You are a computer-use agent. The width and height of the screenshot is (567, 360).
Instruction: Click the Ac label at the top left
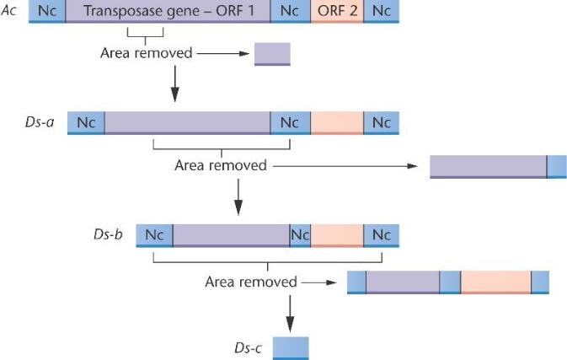click(8, 10)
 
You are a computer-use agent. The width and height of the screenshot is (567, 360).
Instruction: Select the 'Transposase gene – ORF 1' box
click(168, 11)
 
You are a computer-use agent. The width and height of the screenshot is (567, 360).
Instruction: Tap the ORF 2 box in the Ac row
click(337, 11)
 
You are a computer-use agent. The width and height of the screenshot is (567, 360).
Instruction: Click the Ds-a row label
click(40, 122)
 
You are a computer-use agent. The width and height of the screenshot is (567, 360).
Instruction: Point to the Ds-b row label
click(108, 234)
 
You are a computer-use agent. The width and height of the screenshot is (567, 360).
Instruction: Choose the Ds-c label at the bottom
click(248, 347)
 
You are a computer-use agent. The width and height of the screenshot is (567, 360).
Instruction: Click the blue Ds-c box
click(291, 348)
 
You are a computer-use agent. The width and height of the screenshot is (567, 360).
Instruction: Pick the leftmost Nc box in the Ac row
click(47, 11)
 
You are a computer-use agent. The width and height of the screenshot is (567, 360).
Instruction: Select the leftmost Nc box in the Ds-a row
click(86, 123)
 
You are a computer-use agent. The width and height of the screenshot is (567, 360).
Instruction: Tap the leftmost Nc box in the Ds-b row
click(154, 235)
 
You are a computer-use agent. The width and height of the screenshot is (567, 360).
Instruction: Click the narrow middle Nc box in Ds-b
click(300, 235)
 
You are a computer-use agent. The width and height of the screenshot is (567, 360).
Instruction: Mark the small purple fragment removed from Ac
click(272, 54)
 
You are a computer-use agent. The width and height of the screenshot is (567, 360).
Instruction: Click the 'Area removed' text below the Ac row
click(147, 53)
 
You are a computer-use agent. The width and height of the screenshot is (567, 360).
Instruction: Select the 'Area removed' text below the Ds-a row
click(221, 165)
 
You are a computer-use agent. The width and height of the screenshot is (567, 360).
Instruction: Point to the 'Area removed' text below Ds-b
click(251, 282)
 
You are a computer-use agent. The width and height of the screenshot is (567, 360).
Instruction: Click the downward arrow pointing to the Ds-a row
click(175, 83)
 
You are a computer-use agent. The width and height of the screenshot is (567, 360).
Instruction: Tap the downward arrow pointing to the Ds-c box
click(290, 314)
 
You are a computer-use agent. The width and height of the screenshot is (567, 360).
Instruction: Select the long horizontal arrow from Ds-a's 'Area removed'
click(345, 166)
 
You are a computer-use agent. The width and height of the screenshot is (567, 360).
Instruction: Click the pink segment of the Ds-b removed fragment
click(495, 282)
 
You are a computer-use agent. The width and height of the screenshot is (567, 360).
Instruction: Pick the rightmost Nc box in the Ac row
click(382, 11)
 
